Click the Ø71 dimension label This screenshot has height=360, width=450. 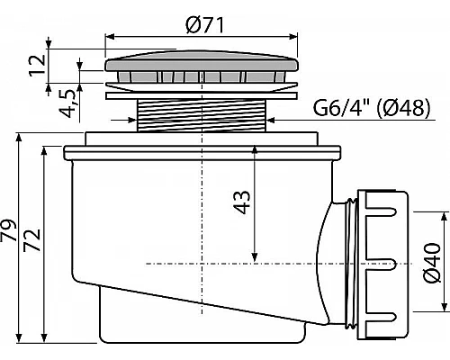[205, 25]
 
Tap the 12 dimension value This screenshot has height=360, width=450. [38, 66]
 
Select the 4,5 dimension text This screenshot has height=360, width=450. [68, 103]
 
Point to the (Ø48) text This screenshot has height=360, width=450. [403, 107]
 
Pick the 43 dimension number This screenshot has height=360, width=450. [242, 202]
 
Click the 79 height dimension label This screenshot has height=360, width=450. [8, 230]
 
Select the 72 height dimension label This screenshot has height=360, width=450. [32, 240]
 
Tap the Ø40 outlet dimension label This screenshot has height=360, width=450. [432, 263]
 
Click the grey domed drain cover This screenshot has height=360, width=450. [202, 61]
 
